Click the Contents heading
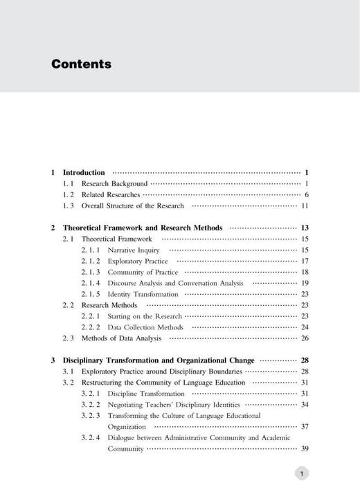(81, 64)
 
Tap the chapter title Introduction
(84, 172)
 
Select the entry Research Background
(114, 183)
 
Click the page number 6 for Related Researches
(306, 194)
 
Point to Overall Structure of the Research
(133, 205)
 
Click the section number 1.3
(68, 205)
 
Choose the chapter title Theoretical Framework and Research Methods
(143, 228)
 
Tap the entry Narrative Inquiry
(134, 250)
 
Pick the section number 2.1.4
(91, 283)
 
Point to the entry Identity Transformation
(143, 294)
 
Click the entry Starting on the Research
(145, 316)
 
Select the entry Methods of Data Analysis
(121, 338)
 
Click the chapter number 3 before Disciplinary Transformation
(53, 360)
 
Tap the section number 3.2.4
(91, 438)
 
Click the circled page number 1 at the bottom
(301, 474)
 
